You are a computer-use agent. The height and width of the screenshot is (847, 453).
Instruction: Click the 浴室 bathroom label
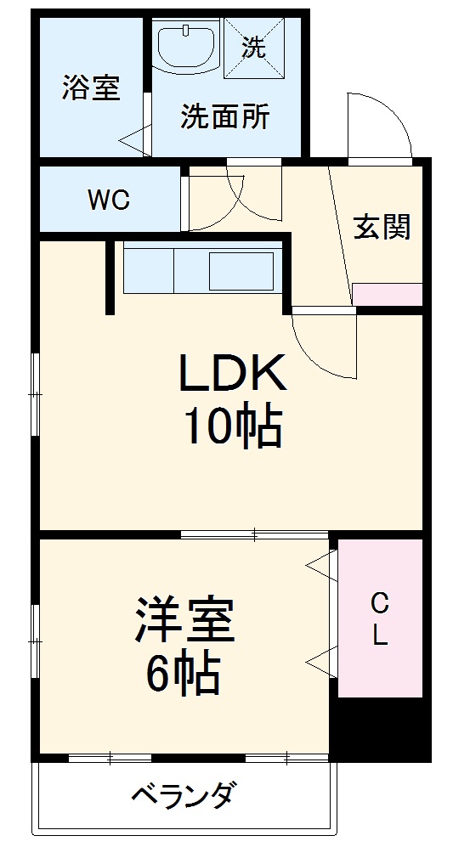pyautogui.click(x=89, y=88)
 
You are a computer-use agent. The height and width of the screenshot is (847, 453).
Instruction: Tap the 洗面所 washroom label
pyautogui.click(x=224, y=117)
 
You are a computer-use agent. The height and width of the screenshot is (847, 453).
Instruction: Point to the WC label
pyautogui.click(x=109, y=200)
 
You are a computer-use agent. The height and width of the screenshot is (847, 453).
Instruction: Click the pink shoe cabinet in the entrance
pyautogui.click(x=387, y=294)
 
